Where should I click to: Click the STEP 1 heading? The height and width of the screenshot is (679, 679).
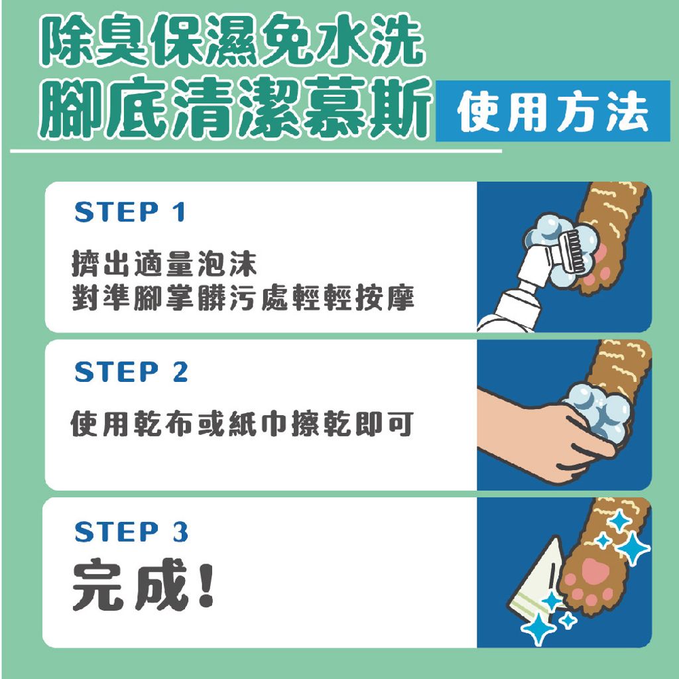[130, 212]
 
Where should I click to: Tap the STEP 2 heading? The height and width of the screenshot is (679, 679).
[131, 372]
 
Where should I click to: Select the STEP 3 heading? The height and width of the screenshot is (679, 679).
[131, 532]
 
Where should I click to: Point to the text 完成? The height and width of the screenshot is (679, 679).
[143, 587]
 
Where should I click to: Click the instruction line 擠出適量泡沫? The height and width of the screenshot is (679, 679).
[164, 265]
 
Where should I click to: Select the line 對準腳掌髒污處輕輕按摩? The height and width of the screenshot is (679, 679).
[243, 298]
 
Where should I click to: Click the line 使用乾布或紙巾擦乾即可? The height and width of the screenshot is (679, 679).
[242, 422]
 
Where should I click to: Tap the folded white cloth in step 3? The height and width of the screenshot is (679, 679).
[540, 584]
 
